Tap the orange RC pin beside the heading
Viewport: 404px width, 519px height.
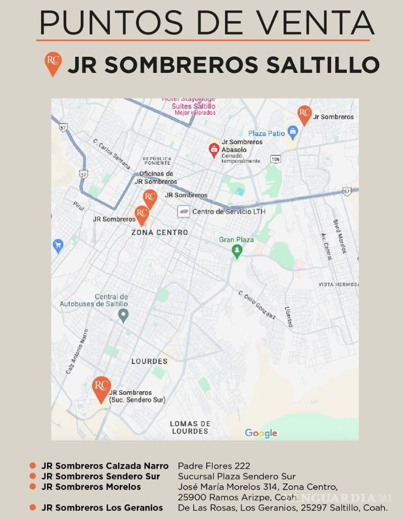pos(53,63)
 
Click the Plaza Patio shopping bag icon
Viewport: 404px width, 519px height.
pos(292,132)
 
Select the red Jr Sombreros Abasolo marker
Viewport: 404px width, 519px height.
pos(214,149)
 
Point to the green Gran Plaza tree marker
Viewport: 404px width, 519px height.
pos(237,251)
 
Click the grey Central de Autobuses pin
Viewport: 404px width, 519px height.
pos(123,316)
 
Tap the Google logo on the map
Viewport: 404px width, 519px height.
pos(261,433)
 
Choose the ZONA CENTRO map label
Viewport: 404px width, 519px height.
pos(160,233)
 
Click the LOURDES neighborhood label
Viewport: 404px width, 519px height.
pos(149,361)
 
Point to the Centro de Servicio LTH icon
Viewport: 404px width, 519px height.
pos(184,212)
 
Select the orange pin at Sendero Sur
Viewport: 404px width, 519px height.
pos(101,389)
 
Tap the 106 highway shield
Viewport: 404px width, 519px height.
pos(275,159)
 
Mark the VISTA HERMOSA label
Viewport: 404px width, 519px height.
pos(338,285)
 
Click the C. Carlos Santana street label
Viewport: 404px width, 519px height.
pos(112,153)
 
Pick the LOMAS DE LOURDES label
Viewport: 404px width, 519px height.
pos(190,427)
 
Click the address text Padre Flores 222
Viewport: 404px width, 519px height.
pos(214,466)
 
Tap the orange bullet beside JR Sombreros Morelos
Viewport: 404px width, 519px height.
pos(33,487)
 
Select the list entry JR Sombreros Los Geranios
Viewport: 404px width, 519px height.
pos(102,507)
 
